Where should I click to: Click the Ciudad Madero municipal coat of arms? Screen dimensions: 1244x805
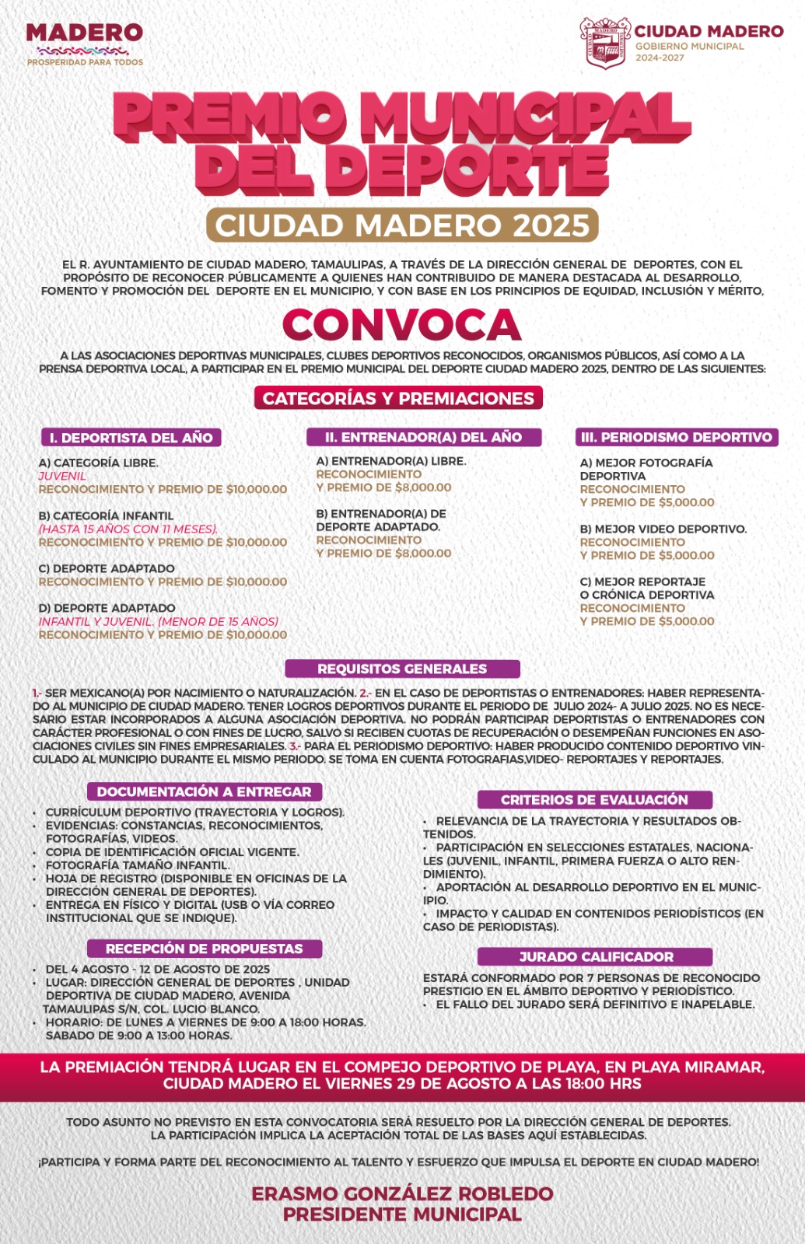point(605,43)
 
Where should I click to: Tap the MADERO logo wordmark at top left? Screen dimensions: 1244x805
point(84,33)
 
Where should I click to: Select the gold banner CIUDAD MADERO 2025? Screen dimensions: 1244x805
point(402,225)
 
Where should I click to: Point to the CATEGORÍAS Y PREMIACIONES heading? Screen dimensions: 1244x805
point(398,398)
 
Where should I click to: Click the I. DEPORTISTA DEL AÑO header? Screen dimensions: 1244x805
point(131,438)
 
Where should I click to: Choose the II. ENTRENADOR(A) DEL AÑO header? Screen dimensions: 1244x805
point(423,437)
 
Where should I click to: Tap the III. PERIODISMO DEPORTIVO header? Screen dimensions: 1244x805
point(677,437)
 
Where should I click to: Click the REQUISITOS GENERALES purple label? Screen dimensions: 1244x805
point(402,669)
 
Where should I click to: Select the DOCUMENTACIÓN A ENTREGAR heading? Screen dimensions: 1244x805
point(204,791)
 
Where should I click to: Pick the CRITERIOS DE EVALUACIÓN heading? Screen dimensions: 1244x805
point(594,799)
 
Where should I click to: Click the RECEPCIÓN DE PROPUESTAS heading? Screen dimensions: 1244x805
point(204,949)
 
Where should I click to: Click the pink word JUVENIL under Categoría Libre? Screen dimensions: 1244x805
point(63,476)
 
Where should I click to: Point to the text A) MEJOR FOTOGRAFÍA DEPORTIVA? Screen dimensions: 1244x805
point(646,469)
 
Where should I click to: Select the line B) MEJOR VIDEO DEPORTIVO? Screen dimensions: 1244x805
point(663,529)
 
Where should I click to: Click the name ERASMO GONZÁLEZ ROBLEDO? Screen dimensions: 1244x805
point(402,1193)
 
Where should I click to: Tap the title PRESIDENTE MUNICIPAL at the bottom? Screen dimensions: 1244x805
point(402,1214)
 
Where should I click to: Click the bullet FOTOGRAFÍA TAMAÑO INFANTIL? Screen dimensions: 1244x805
point(138,865)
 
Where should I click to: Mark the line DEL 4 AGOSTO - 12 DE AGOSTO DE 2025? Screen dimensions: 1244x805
point(158,969)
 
